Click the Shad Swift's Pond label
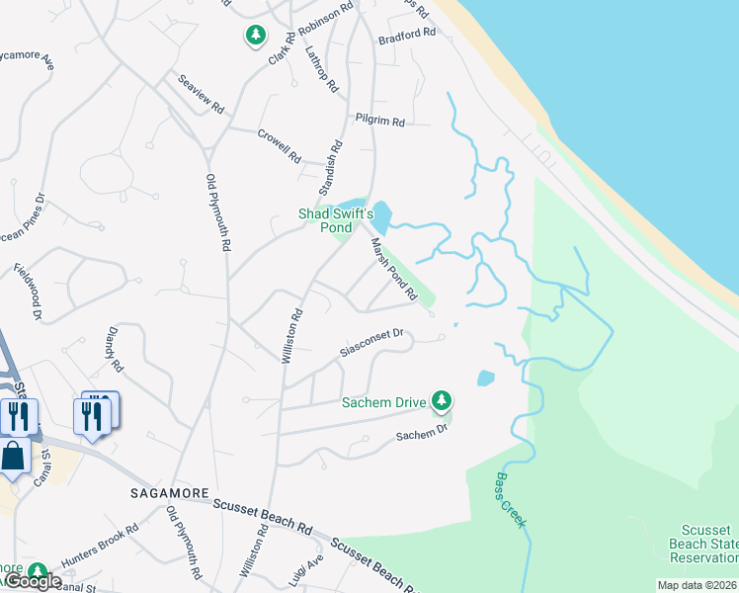click(336, 219)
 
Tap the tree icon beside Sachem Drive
click(443, 401)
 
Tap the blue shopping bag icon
click(13, 458)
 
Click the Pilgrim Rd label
click(384, 123)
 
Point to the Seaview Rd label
click(201, 93)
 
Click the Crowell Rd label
click(278, 144)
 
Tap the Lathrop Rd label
click(322, 68)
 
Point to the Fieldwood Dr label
click(28, 291)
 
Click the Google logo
click(34, 581)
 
